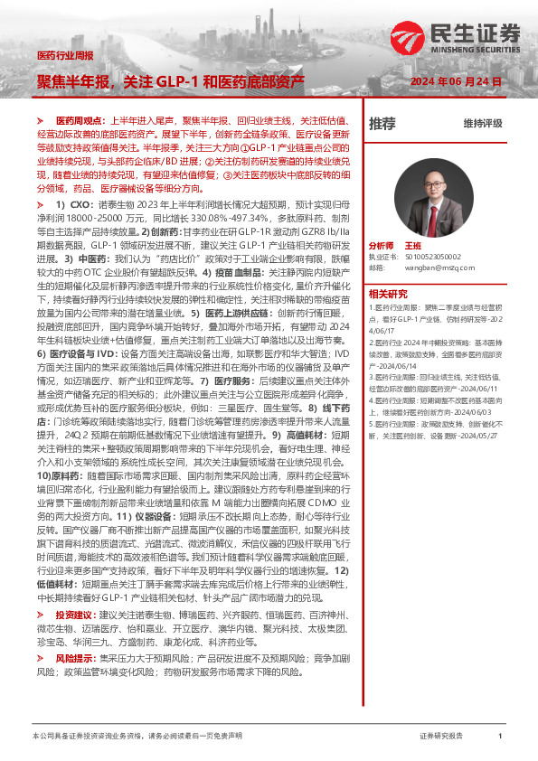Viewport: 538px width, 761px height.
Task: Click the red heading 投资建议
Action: tap(74, 614)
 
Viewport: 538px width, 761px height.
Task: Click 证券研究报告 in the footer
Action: tap(441, 737)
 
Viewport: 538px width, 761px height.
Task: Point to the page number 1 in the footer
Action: tap(500, 737)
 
